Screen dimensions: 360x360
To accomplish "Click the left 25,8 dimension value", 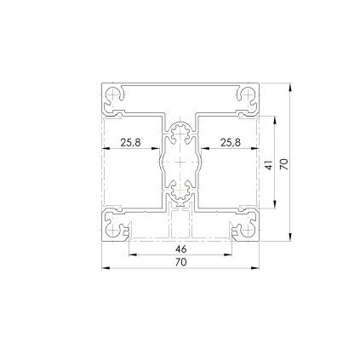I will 130,143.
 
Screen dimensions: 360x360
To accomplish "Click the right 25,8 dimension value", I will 230,143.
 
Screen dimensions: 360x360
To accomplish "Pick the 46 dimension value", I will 180,249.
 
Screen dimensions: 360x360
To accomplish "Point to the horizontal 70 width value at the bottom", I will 180,263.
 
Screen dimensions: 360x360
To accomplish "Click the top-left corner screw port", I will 111,96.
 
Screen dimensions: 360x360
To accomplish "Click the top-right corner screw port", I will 250,96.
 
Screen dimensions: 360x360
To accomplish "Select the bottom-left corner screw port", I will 111,228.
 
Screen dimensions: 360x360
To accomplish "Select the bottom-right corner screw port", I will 249,228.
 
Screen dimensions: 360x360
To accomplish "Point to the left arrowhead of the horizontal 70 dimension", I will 105,268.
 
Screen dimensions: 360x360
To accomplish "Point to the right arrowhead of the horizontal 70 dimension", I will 256,268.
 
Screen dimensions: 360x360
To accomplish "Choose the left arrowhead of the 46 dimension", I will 131,254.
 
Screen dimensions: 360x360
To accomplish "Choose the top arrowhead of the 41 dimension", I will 274,120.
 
